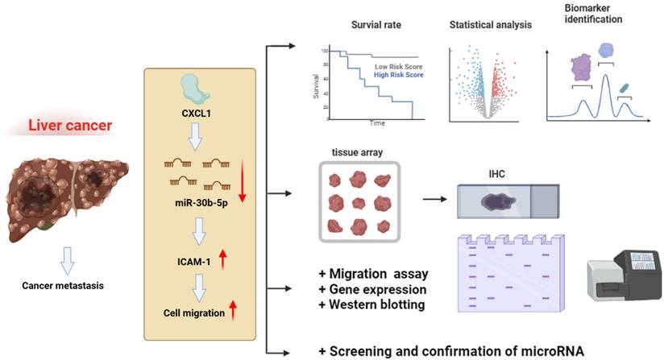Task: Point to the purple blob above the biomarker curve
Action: (x=581, y=68)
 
